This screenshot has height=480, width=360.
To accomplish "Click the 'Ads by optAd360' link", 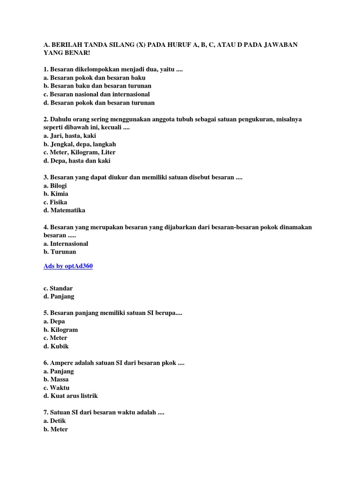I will (x=68, y=266).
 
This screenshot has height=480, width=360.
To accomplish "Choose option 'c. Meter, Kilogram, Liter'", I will (x=79, y=152).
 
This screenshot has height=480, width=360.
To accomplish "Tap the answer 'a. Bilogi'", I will (x=55, y=186).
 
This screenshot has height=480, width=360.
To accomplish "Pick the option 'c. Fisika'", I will (x=55, y=202).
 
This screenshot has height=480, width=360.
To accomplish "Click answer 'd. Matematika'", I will (x=64, y=210).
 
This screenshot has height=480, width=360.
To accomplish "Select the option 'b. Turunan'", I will (x=60, y=252).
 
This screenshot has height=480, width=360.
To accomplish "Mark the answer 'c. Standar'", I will (x=58, y=288).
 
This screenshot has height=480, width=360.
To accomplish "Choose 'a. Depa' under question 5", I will (x=54, y=322).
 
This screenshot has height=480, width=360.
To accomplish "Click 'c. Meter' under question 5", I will (x=55, y=338).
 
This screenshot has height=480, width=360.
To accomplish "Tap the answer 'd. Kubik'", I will (x=56, y=346).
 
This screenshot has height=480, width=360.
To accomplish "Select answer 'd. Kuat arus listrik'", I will (x=70, y=396).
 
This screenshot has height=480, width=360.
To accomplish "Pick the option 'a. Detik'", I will (x=55, y=421).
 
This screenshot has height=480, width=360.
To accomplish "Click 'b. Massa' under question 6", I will (x=56, y=379).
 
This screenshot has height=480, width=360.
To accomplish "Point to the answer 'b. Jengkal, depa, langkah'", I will (x=79, y=144).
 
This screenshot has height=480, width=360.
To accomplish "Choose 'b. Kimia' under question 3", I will (x=56, y=194).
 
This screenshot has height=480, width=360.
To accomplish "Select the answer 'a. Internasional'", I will (x=66, y=244).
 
